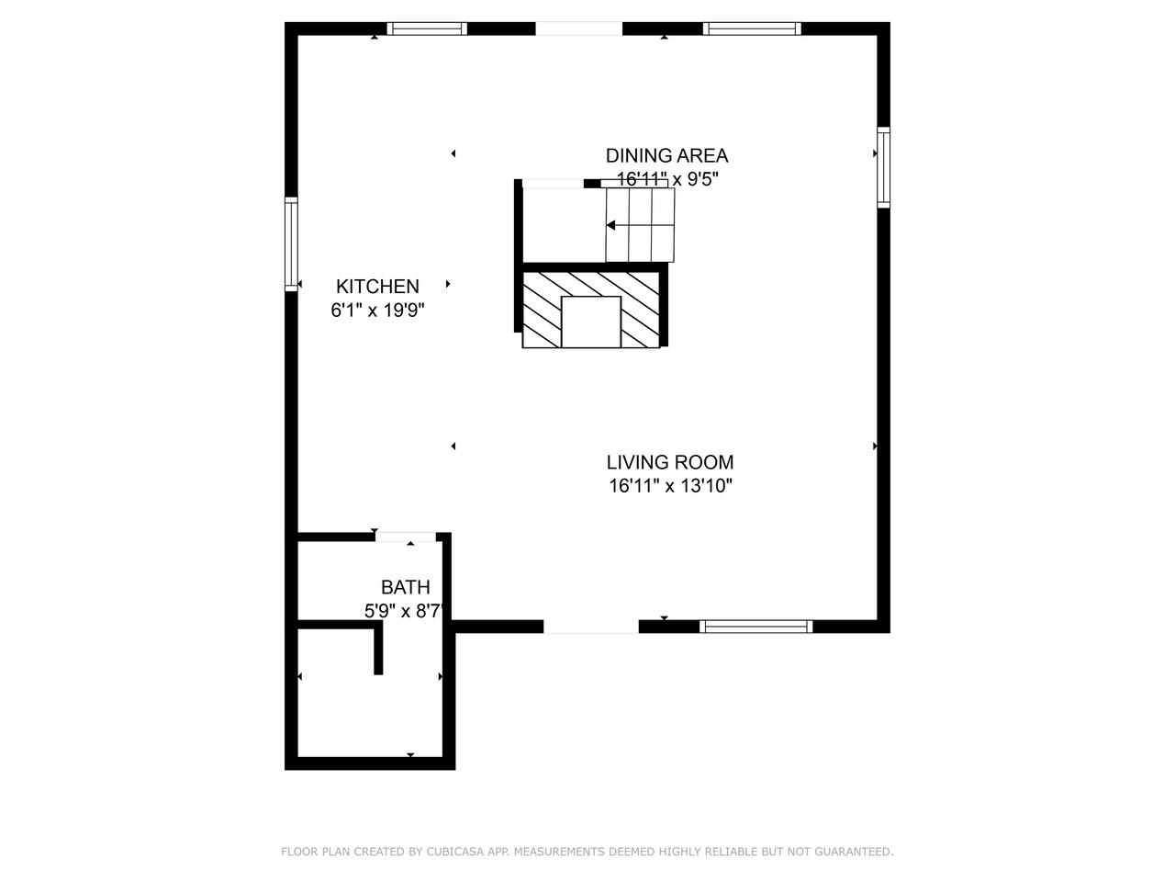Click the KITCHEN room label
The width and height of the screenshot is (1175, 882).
[377, 287]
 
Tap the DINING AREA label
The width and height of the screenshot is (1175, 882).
[666, 156]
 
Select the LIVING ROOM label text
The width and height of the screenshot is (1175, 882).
[670, 462]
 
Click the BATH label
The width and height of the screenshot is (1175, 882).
[405, 587]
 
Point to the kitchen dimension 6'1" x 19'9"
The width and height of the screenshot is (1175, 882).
[377, 310]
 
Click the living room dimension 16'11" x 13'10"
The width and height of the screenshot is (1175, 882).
[670, 486]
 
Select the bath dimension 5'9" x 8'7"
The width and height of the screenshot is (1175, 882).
[404, 611]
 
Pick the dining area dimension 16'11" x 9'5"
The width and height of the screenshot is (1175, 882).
[667, 179]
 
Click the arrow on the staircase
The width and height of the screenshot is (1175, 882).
[640, 225]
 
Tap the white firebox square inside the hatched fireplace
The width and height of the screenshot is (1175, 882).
[591, 322]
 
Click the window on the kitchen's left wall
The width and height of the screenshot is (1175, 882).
[291, 244]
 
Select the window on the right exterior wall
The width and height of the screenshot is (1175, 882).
[883, 167]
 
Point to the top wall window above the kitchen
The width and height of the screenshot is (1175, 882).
[427, 28]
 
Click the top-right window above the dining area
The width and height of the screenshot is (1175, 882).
[752, 28]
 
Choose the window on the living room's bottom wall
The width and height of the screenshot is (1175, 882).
[755, 626]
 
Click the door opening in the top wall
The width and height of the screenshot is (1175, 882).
[578, 28]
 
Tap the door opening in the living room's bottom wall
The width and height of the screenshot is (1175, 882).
[591, 627]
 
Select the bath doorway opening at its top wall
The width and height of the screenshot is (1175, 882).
[406, 537]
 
